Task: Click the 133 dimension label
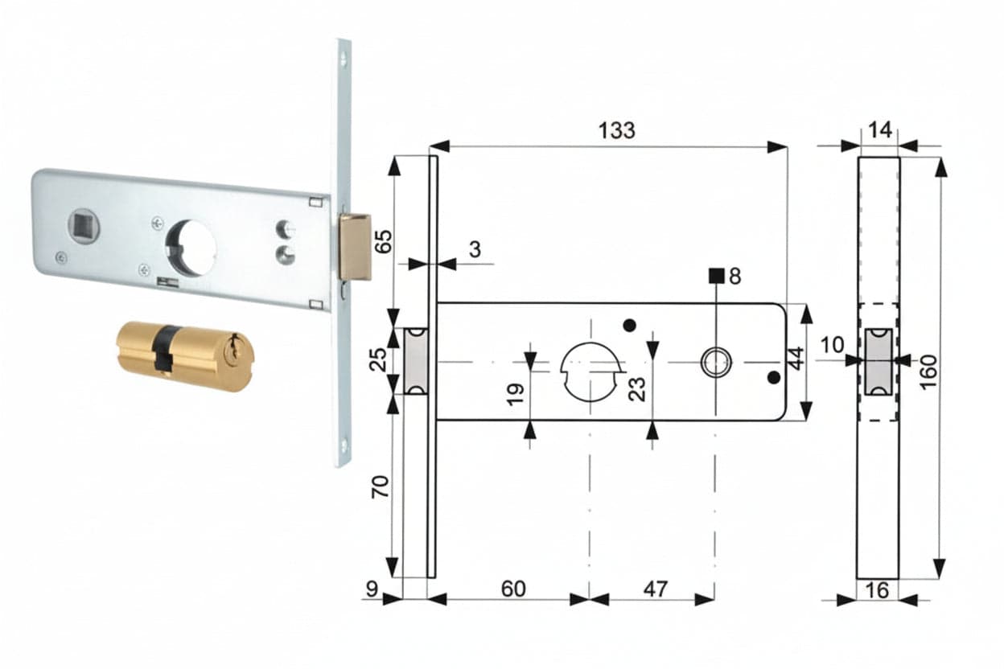point(617,130)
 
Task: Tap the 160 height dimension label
point(928,372)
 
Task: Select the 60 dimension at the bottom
point(513,589)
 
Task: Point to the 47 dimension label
point(656,589)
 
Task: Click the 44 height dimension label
point(796,359)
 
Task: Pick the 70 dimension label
point(380,487)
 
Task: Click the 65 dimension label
point(383,242)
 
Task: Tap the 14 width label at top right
point(880,130)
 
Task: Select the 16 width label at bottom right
point(877,590)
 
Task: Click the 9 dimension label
point(372,589)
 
